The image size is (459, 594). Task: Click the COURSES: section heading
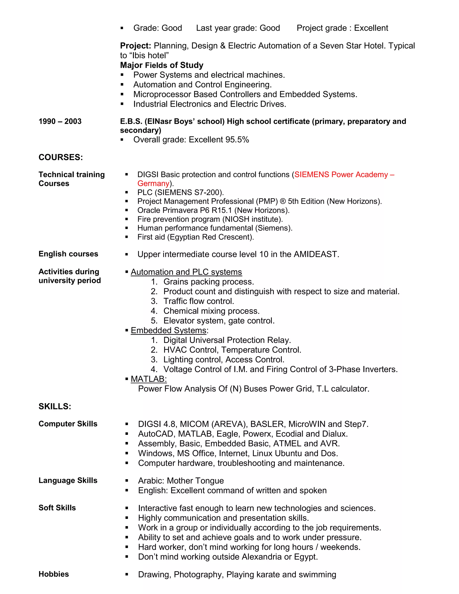pos(61,157)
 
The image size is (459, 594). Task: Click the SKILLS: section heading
pos(55,406)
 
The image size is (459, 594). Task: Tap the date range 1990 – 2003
pos(60,121)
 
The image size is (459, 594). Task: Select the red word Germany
pos(153,183)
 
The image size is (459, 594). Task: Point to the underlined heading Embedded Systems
pos(169,330)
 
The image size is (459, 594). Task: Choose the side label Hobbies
pos(54,574)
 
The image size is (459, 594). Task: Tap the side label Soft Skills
pos(57,508)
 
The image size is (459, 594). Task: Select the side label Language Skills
pos(68,480)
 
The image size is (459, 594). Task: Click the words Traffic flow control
pos(199,301)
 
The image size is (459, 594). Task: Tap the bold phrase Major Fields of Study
pos(162,65)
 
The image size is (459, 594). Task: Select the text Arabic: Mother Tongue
pos(181,481)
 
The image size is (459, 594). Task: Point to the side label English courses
pos(68,254)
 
